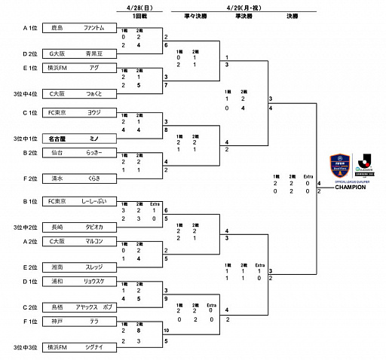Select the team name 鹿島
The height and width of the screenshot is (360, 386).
[x=57, y=28]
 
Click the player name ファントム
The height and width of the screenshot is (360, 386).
[x=94, y=28]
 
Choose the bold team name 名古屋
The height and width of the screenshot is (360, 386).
[x=57, y=139]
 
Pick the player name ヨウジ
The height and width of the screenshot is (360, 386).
[x=94, y=111]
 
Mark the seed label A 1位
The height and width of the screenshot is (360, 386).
[x=9, y=28]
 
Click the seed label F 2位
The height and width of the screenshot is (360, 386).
[x=9, y=179]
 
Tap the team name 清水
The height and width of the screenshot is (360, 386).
[x=57, y=179]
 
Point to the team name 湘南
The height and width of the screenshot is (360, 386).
[x=57, y=267]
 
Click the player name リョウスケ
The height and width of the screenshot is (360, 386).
[x=94, y=282]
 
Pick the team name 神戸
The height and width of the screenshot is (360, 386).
[x=57, y=321]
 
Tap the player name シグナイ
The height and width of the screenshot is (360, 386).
[x=94, y=347]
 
